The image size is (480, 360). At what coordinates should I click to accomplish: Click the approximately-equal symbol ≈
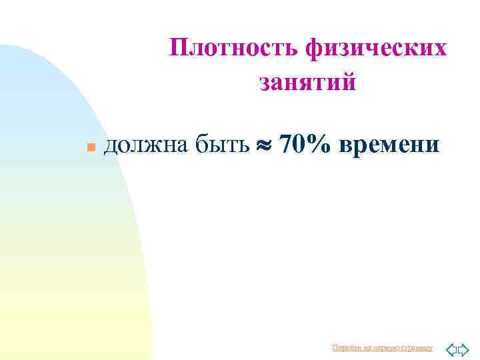click(265, 145)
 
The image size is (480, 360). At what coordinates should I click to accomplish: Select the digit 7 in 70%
click(287, 143)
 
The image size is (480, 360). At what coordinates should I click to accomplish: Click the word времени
click(389, 144)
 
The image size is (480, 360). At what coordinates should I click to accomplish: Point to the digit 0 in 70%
click(300, 143)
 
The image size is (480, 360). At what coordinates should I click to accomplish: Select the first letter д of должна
click(111, 145)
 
